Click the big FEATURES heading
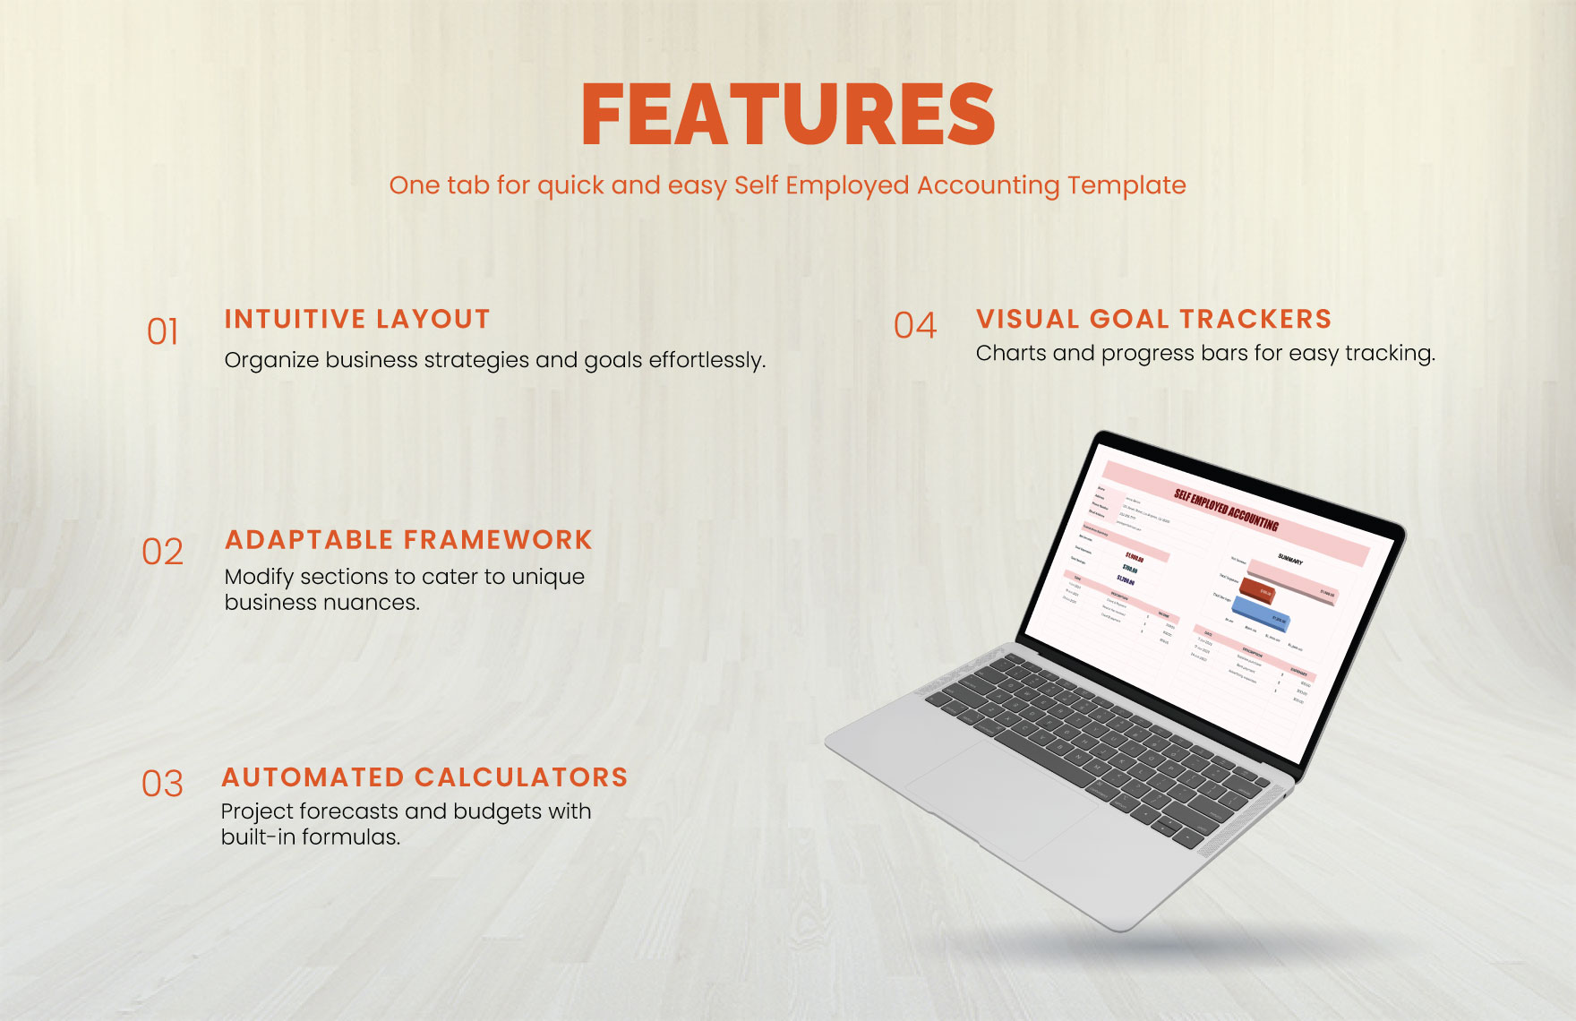[x=788, y=115]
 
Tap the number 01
[x=163, y=332]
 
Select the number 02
[x=163, y=552]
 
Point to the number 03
[x=163, y=785]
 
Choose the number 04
[x=915, y=326]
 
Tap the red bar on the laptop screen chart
[x=1257, y=591]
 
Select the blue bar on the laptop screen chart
[x=1263, y=614]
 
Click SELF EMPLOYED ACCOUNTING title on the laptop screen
[x=1226, y=510]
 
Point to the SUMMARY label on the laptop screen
[x=1290, y=559]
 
